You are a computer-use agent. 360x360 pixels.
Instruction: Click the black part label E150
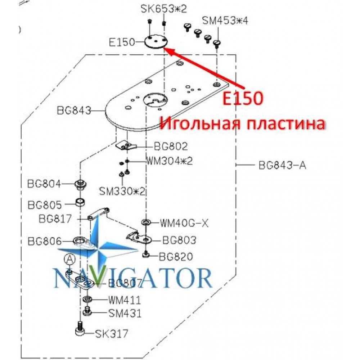[121, 42]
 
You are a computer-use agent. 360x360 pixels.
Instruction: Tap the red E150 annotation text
[243, 98]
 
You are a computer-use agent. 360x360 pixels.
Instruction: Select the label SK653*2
[164, 9]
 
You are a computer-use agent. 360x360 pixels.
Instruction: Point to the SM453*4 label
[225, 21]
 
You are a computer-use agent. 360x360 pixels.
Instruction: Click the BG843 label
[74, 111]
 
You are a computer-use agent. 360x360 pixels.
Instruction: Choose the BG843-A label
[282, 165]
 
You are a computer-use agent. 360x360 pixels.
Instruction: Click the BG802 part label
[171, 147]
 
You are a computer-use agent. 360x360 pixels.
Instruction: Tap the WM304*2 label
[170, 161]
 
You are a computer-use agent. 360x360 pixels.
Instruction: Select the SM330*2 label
[122, 191]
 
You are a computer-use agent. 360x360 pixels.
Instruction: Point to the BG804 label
[44, 184]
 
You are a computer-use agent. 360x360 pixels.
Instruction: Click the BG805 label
[45, 205]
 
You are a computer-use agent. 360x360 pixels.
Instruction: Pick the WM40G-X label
[184, 223]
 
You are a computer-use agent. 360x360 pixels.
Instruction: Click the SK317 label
[112, 334]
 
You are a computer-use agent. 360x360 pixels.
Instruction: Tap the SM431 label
[125, 314]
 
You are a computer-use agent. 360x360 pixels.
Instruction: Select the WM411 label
[125, 300]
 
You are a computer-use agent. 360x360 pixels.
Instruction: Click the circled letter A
[70, 260]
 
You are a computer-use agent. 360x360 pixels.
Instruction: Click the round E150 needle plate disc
[156, 41]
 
